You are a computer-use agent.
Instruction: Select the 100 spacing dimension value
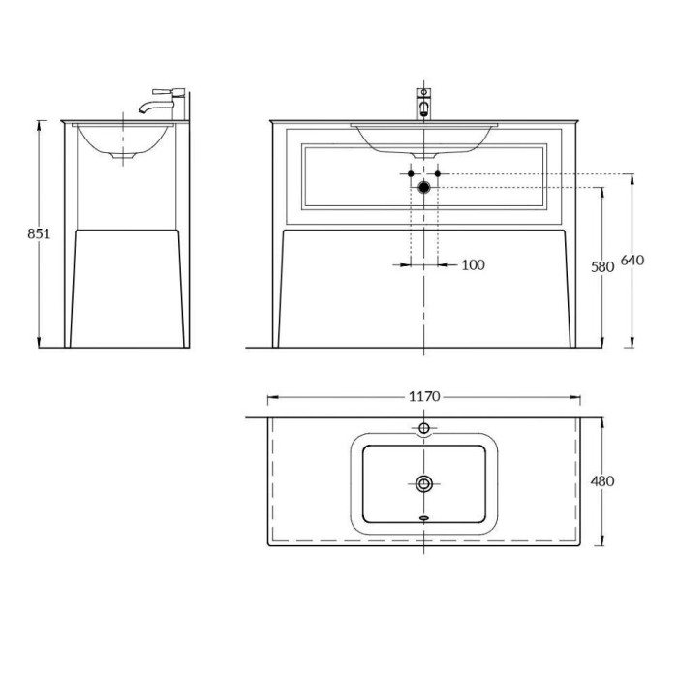click(x=473, y=264)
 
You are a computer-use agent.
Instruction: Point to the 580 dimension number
click(x=603, y=267)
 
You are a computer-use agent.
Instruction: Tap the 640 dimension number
click(x=632, y=261)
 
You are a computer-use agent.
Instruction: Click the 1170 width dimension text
click(x=425, y=397)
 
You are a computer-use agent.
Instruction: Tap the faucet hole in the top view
click(x=424, y=428)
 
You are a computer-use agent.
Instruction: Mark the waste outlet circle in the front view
click(x=424, y=186)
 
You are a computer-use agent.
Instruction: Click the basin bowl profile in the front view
click(x=424, y=141)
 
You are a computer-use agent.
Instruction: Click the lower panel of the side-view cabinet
click(x=126, y=287)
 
